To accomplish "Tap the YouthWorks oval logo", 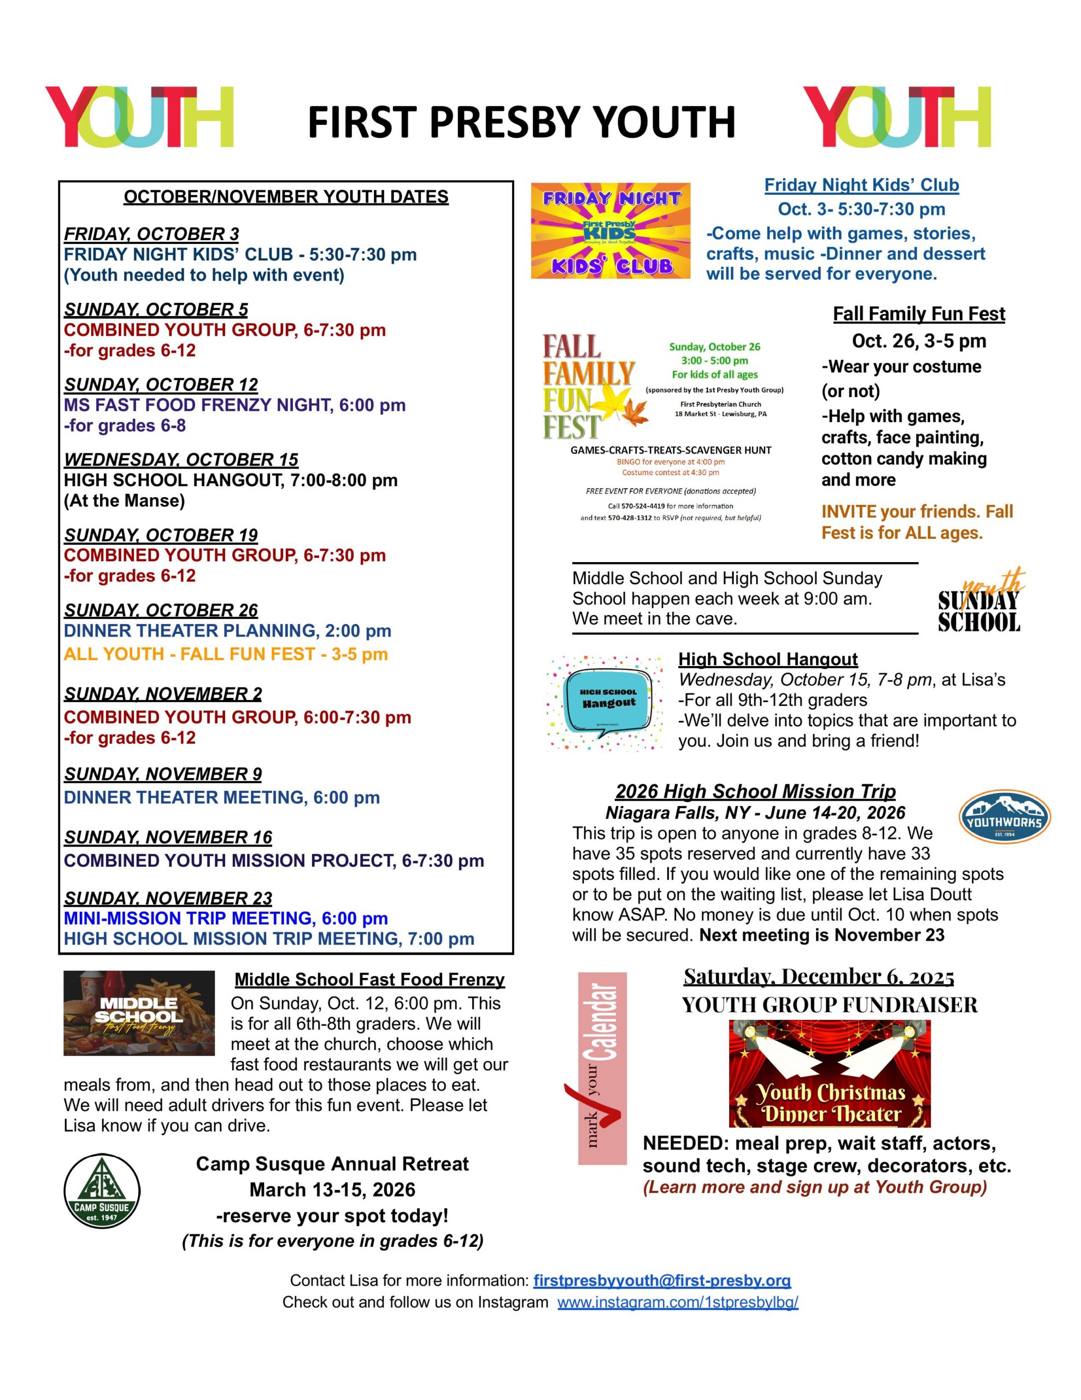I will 1004,816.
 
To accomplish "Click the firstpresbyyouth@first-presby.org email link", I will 662,1280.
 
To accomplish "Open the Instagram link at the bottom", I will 677,1302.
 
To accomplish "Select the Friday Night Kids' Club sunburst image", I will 610,231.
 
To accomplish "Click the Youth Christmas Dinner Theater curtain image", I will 830,1073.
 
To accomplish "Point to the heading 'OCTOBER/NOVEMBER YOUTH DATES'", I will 286,197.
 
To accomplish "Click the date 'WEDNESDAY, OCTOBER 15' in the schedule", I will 181,459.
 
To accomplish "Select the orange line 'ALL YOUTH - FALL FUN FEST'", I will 226,654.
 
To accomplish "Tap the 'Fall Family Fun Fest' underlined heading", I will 918,313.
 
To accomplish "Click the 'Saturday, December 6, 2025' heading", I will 818,976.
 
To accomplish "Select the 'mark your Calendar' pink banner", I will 602,1068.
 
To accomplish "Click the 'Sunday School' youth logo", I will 978,603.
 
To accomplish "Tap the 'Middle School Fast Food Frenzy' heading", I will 369,979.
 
